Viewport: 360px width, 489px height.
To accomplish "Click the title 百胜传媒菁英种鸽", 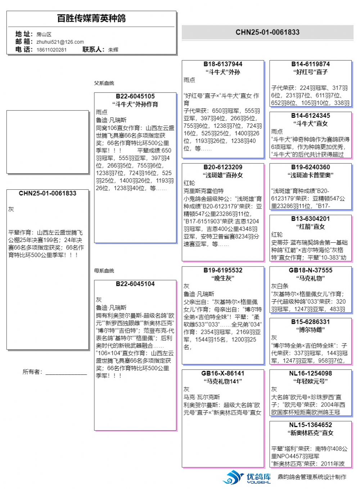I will click(91, 18).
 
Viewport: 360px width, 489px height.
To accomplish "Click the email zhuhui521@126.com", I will click(60, 42).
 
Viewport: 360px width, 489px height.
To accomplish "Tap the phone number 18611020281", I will click(51, 50).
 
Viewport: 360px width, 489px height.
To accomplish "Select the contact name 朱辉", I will click(113, 50).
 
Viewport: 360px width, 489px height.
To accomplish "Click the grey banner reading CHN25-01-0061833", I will click(267, 32).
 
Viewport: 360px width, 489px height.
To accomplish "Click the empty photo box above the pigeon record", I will click(48, 142).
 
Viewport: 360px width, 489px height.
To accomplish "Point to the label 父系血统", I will click(104, 83).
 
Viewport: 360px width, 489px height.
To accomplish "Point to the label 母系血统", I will click(104, 271).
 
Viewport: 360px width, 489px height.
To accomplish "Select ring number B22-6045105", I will click(135, 96).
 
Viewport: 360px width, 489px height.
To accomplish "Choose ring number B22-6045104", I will click(135, 284).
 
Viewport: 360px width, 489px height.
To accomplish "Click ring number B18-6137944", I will click(223, 64).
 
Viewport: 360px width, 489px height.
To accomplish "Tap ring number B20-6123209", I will click(223, 167).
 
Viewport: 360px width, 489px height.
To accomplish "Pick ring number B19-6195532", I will click(223, 270).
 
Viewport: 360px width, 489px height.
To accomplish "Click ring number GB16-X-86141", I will click(223, 373).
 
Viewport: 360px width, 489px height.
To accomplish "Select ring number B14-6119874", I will click(310, 64).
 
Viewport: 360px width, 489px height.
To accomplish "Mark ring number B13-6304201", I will click(310, 219).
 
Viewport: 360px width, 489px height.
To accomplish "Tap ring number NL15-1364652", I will click(310, 425).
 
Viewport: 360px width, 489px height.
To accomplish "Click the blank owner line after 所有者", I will click(66, 372).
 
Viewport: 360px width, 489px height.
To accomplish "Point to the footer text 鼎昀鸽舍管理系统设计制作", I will click(312, 477).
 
